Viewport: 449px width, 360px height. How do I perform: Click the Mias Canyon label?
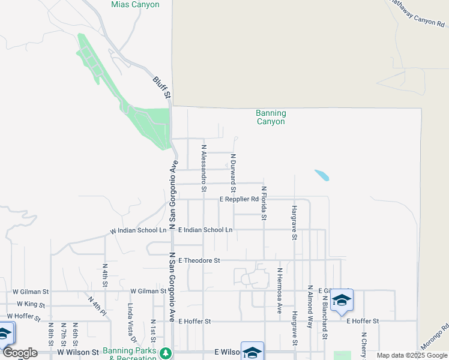coord(135,5)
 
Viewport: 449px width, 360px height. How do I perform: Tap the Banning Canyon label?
coord(271,117)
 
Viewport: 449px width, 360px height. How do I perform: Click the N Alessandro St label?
coord(204,168)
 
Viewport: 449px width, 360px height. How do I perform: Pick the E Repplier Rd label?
coord(239,199)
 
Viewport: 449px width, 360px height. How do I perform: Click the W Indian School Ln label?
coord(138,230)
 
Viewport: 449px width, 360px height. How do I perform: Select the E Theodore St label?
coord(199,260)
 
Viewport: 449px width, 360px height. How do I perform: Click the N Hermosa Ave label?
coord(279,290)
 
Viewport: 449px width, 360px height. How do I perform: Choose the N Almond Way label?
coord(310,306)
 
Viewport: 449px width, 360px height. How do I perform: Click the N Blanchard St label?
coord(325,317)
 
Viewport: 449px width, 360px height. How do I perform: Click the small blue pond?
coord(322,175)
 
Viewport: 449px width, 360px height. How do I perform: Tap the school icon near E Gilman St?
coord(342,300)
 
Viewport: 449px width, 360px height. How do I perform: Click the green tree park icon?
coord(166,353)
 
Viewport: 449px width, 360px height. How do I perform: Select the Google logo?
coord(20,353)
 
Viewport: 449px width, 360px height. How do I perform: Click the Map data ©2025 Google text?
coord(411,356)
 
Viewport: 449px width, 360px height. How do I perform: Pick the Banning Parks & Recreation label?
coord(130,350)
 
